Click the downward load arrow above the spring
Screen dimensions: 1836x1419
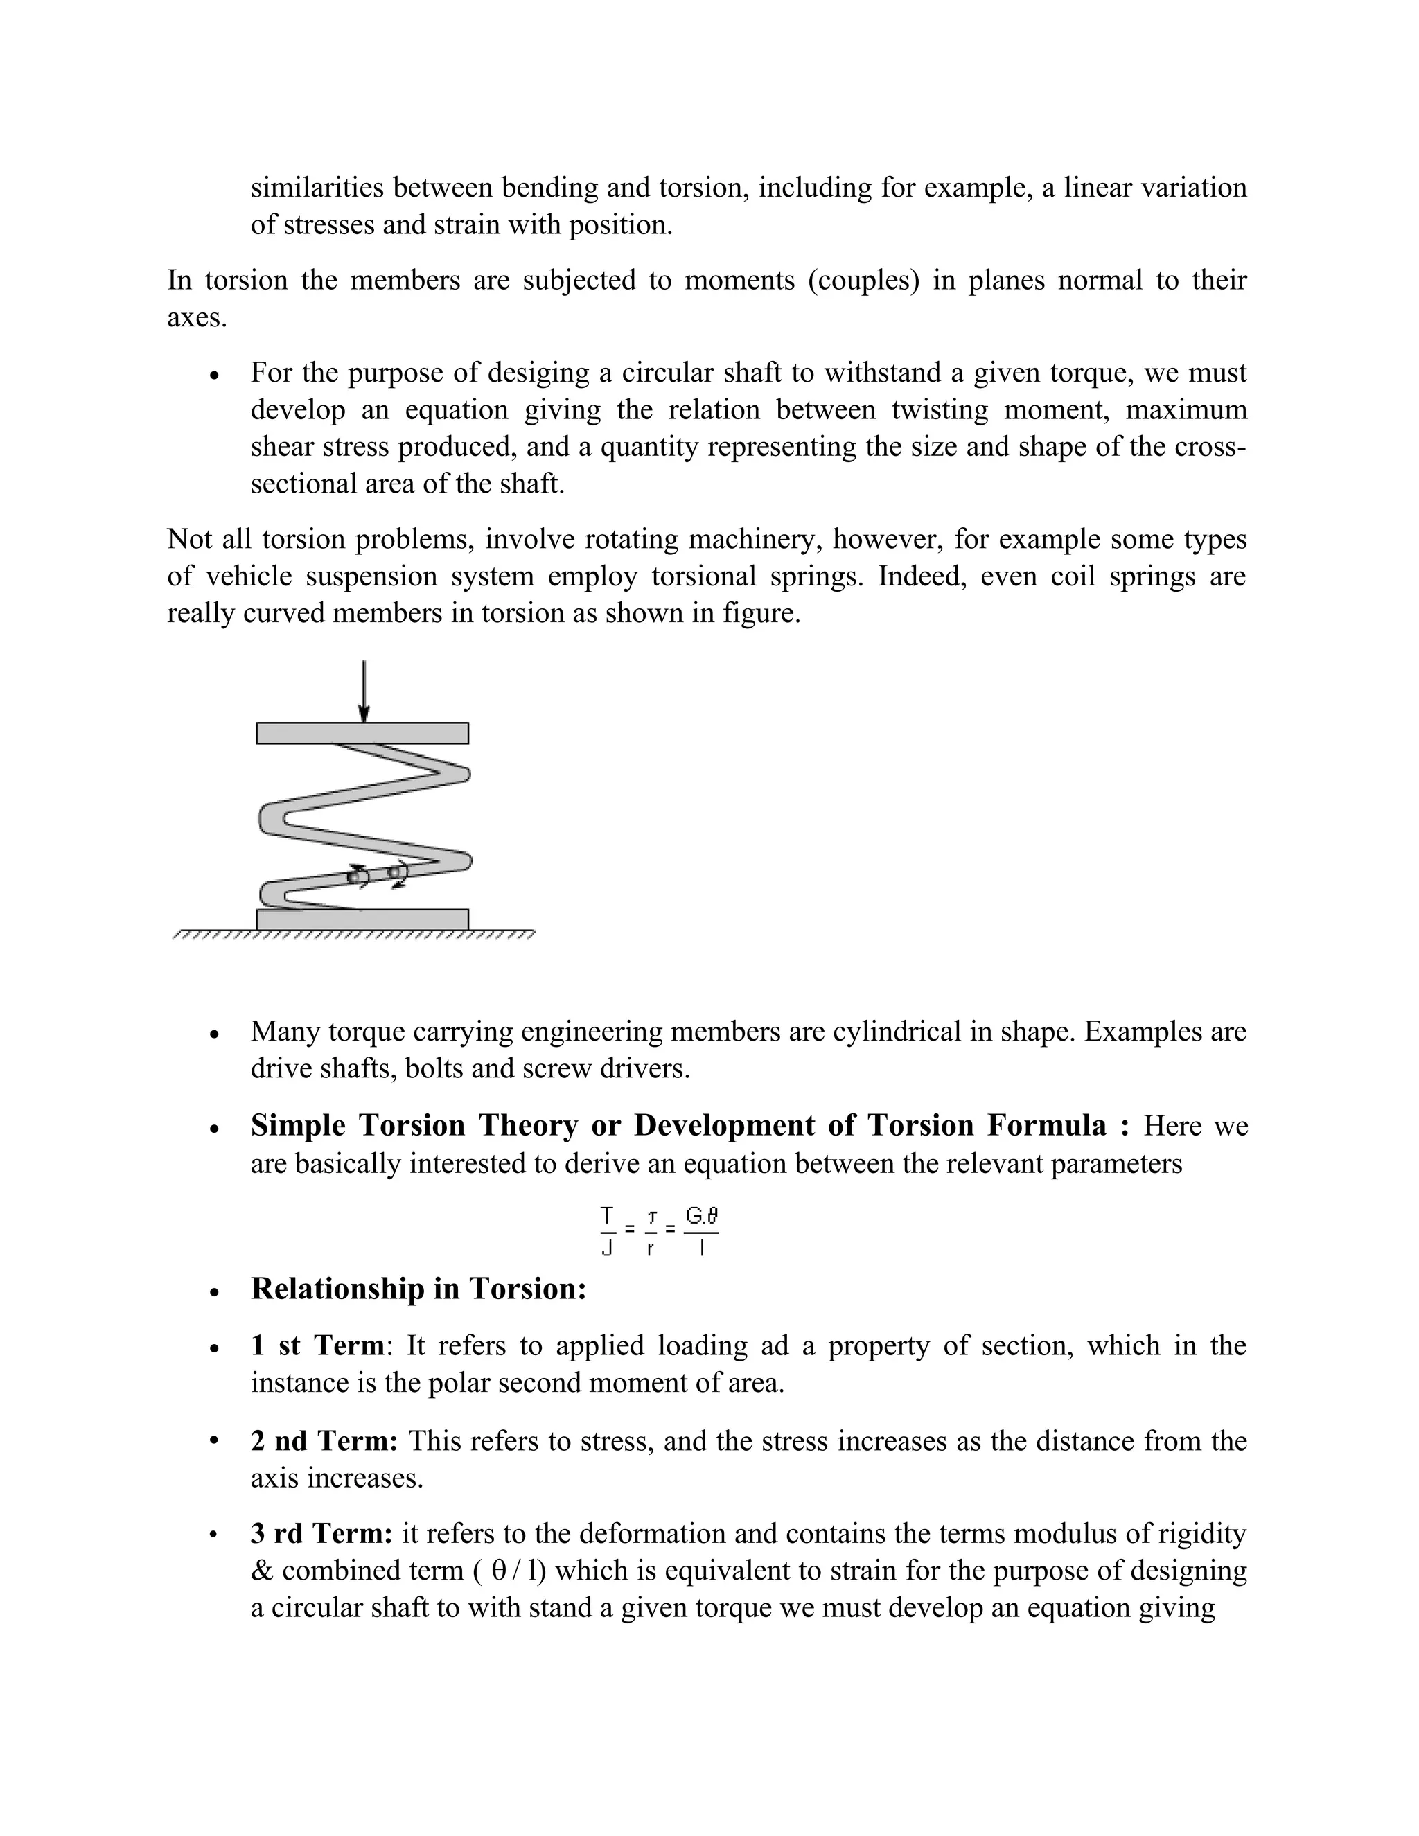click(363, 690)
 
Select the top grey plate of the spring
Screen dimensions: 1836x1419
click(362, 733)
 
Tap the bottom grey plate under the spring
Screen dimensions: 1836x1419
click(362, 919)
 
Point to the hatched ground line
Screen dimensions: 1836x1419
click(353, 934)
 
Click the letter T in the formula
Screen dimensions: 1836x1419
click(607, 1216)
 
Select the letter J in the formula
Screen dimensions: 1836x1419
click(607, 1249)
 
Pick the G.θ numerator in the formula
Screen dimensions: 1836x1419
click(701, 1216)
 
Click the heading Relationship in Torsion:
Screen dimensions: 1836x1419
click(418, 1289)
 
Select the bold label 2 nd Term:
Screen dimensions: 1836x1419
click(324, 1441)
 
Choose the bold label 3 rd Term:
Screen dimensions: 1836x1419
click(321, 1533)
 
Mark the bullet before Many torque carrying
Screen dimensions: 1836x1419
click(216, 1034)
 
